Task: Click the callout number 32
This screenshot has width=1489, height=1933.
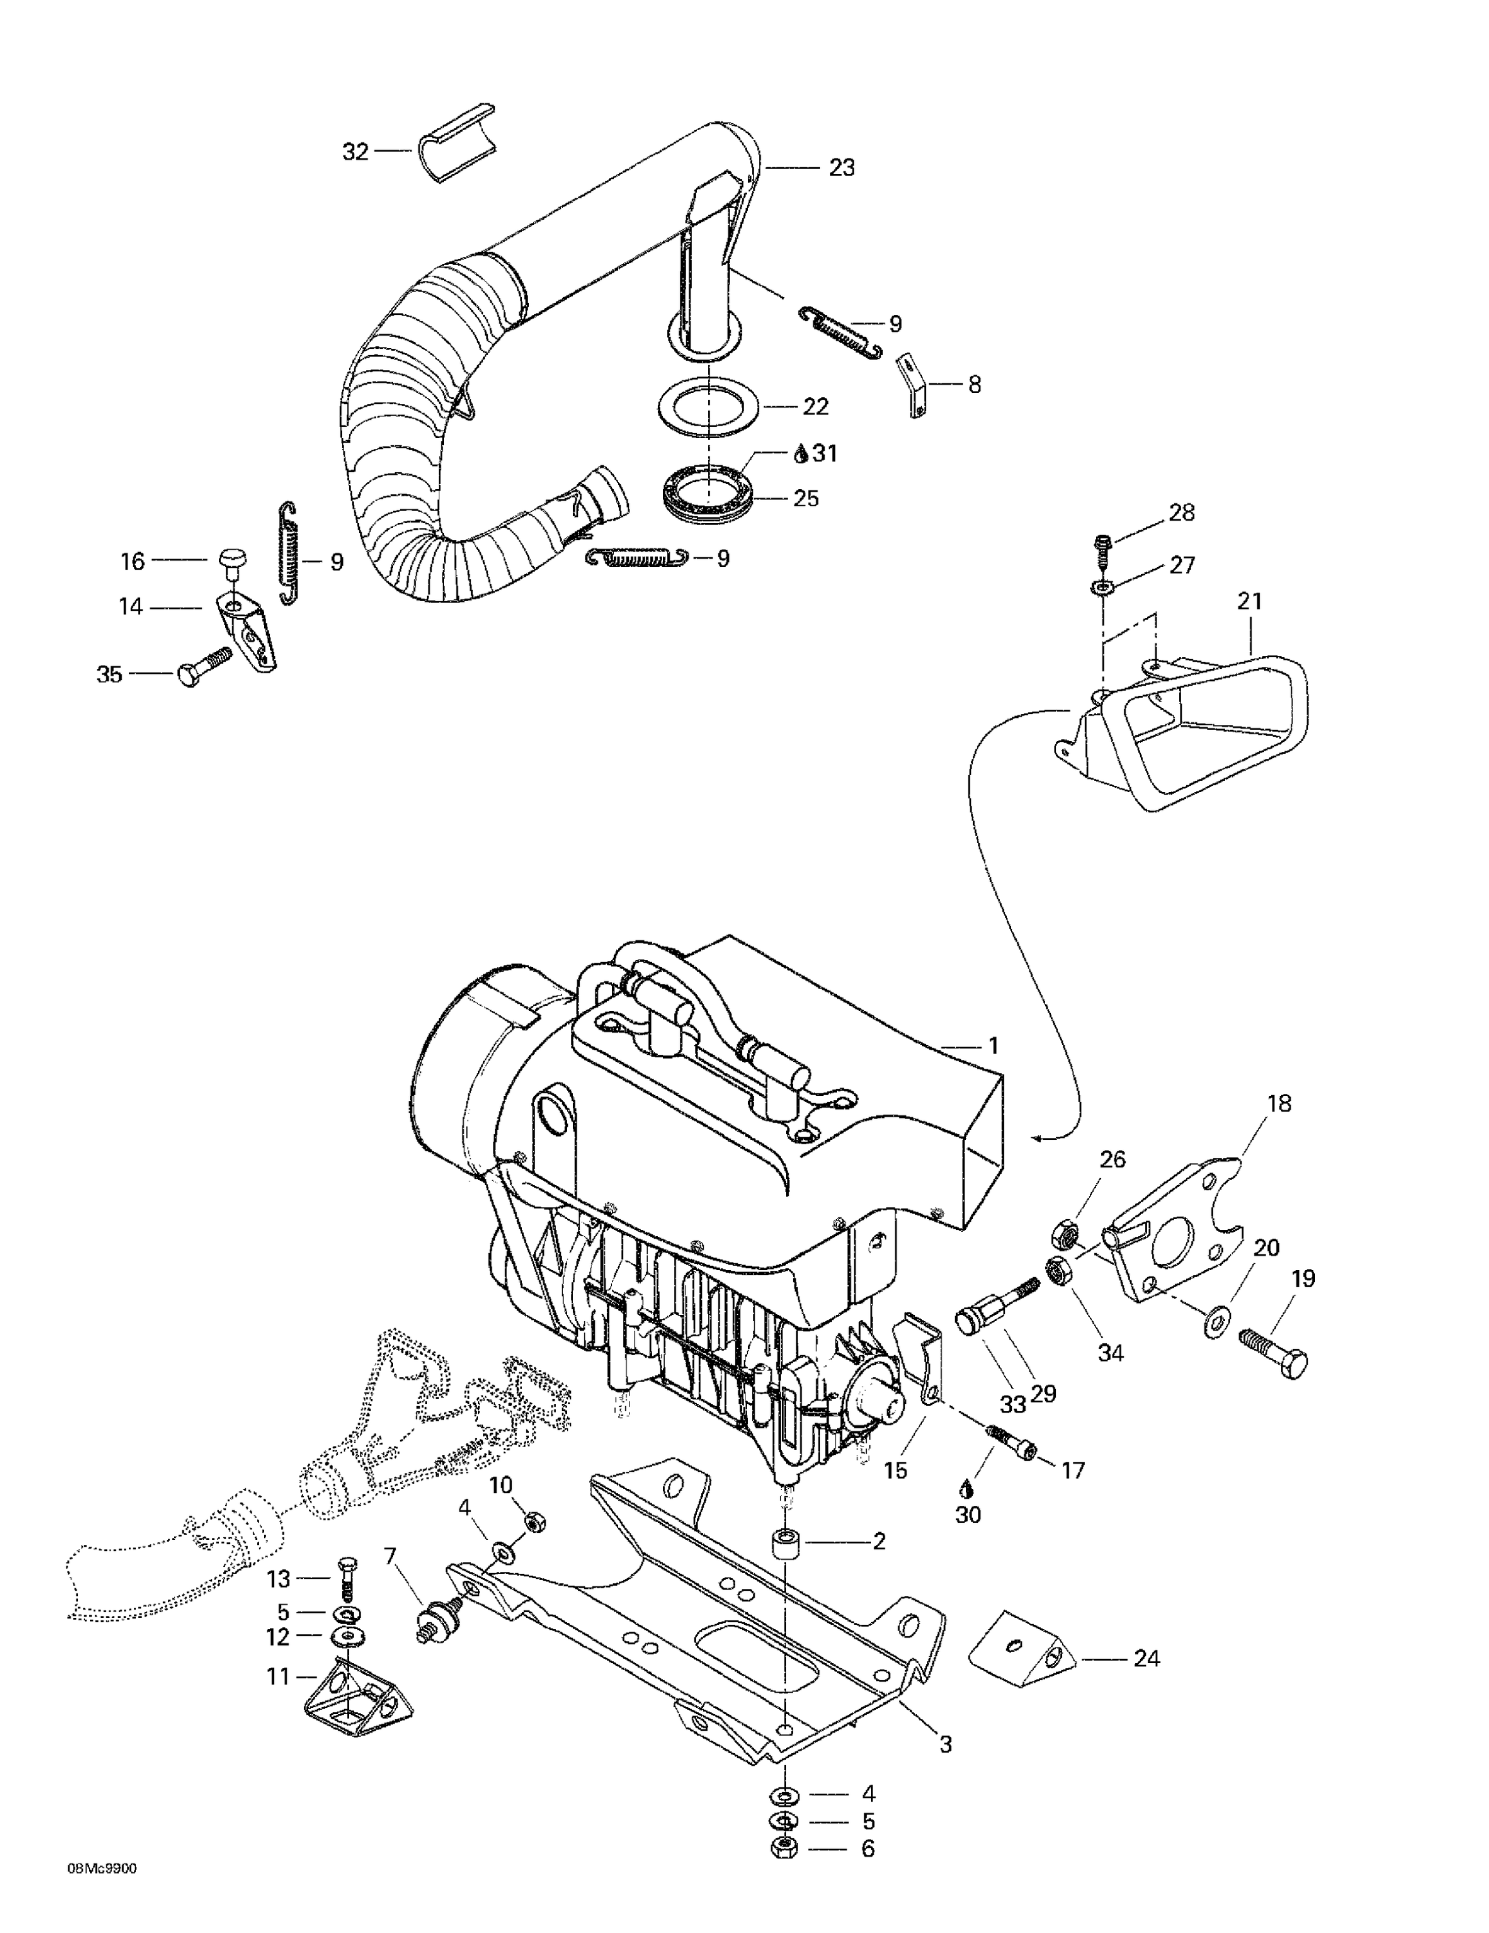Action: (355, 152)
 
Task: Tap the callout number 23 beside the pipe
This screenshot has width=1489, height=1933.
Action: (841, 168)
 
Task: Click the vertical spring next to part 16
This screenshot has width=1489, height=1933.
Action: (289, 553)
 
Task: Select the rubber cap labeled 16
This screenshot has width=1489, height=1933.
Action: (231, 561)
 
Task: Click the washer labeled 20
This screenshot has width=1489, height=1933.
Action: (1216, 1324)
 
